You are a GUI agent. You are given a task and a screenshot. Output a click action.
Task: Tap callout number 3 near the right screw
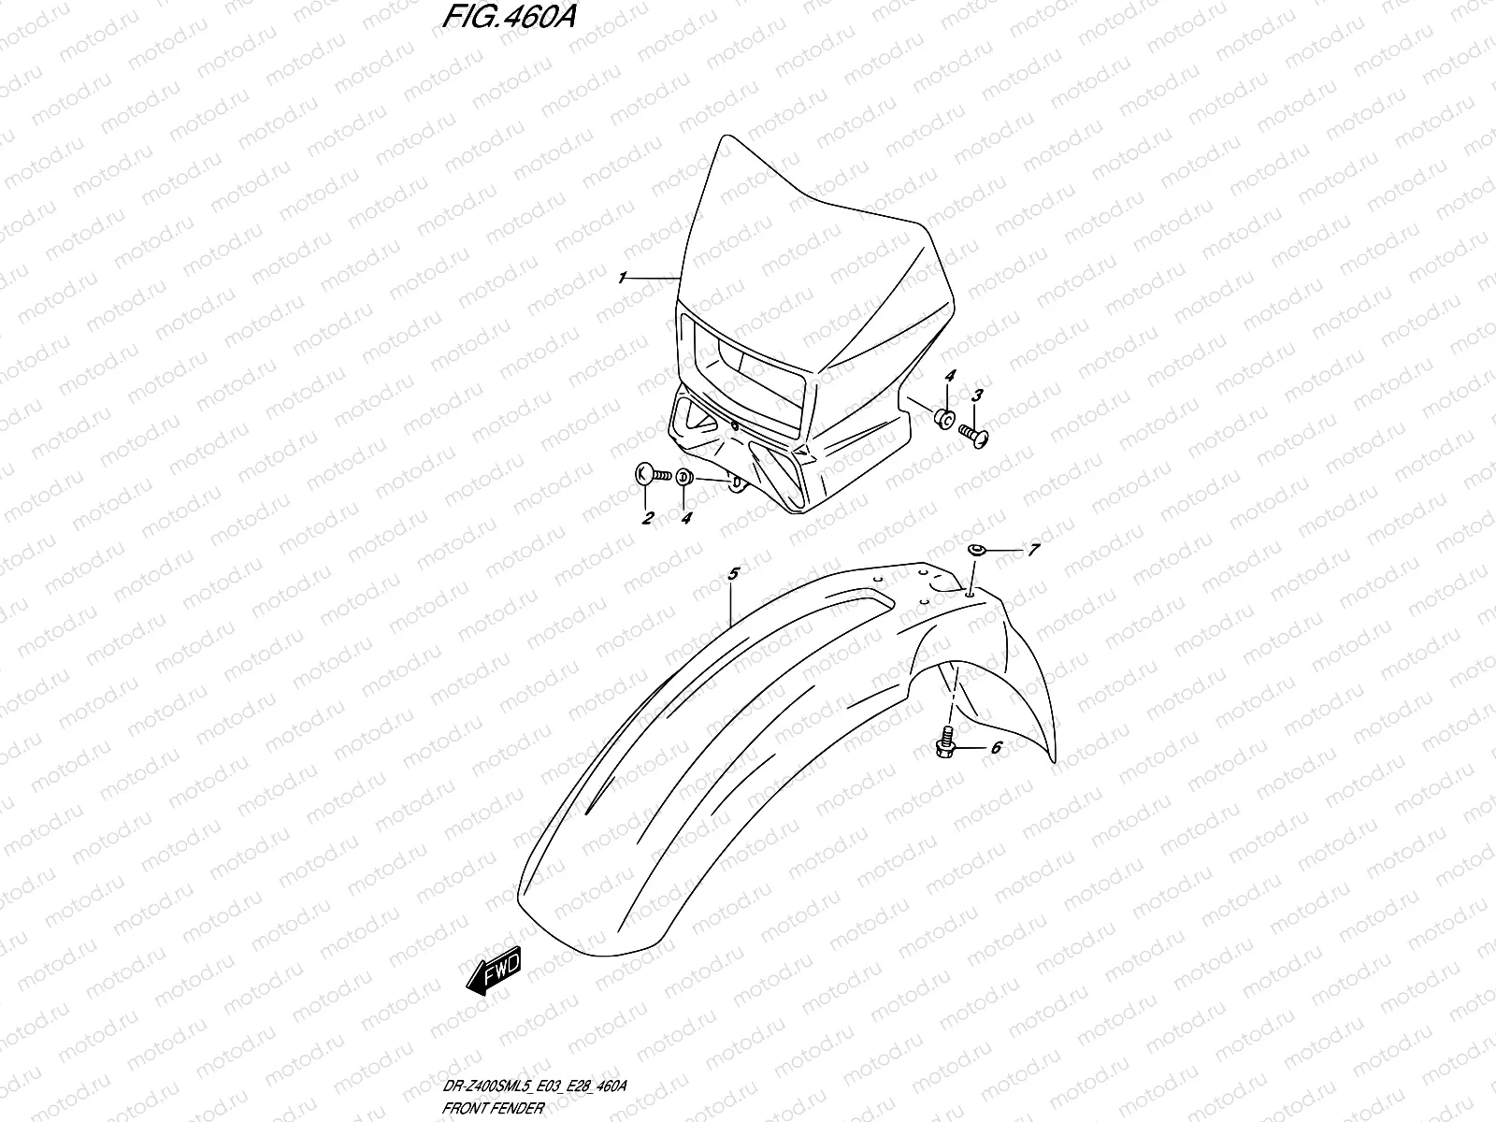tap(978, 396)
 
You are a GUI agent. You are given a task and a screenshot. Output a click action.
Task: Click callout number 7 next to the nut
tap(1033, 551)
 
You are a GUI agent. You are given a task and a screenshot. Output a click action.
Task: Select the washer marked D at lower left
tap(683, 478)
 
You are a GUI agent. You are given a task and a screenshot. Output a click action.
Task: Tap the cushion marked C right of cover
tap(944, 419)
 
